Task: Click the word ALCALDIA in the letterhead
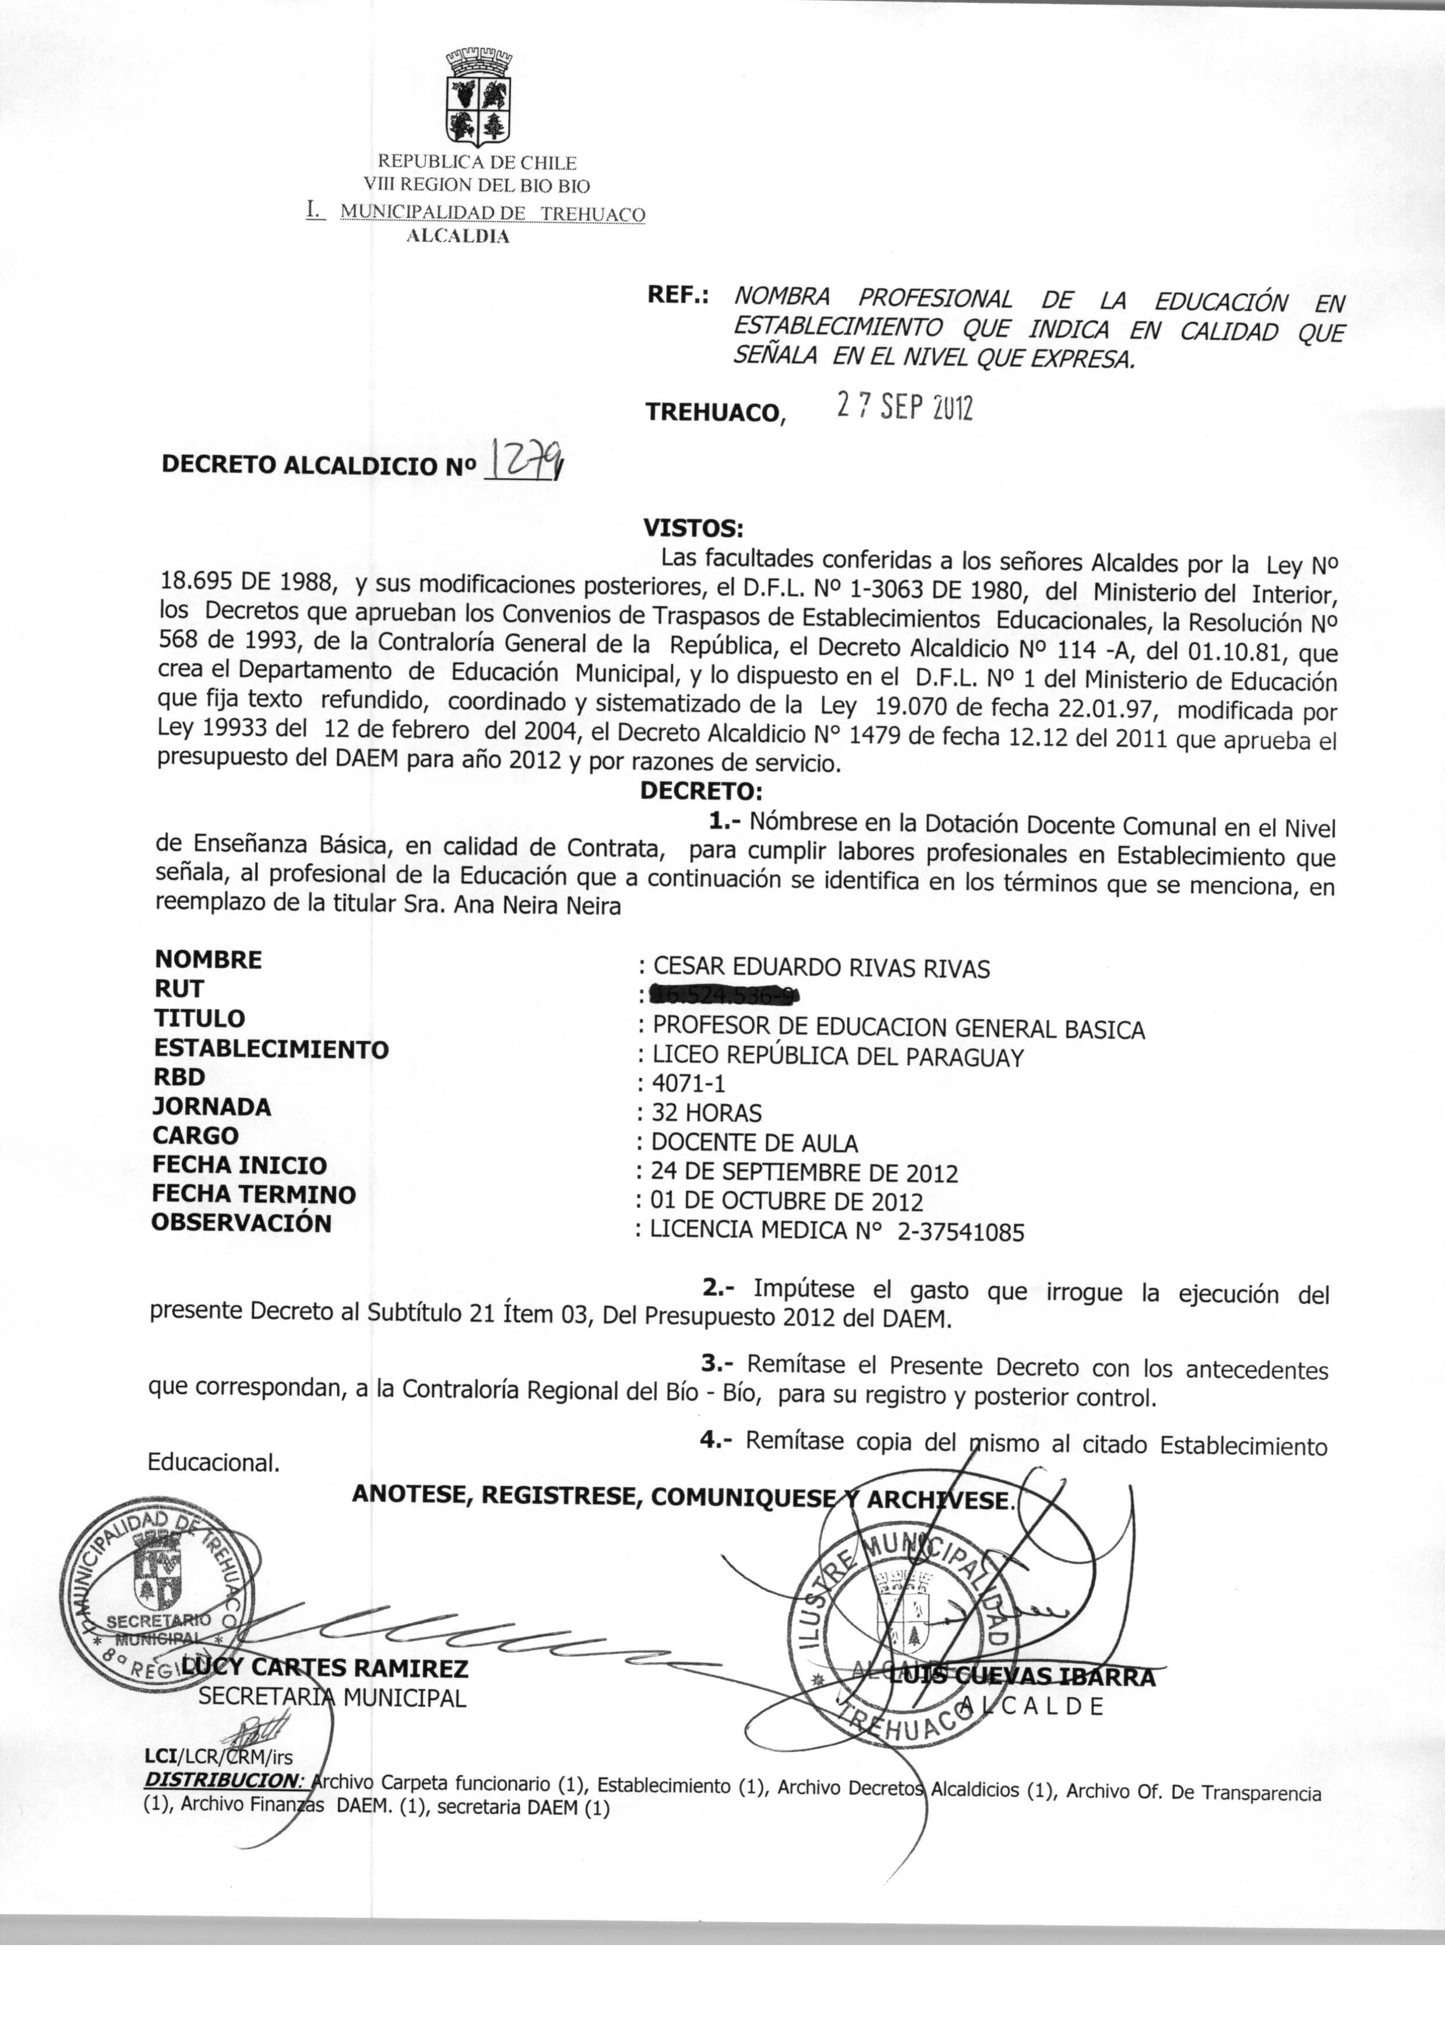click(458, 237)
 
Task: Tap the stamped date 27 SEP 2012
click(904, 407)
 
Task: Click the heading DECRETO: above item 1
click(701, 791)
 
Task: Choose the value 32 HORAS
click(707, 1114)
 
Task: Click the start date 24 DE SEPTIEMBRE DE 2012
click(804, 1173)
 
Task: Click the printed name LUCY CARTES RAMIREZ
click(324, 1668)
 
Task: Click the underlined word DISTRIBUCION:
click(225, 1781)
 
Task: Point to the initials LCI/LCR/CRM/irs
click(218, 1757)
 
